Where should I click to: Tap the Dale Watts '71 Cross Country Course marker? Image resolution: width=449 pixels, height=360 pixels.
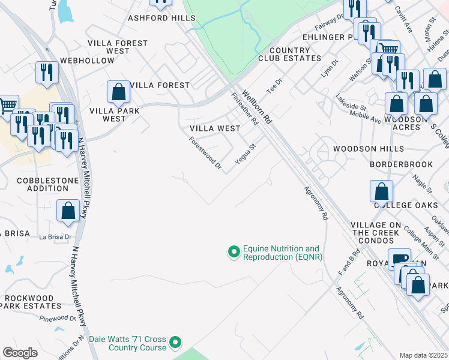coord(175,343)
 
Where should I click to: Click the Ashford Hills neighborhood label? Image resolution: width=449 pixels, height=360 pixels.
coord(157,18)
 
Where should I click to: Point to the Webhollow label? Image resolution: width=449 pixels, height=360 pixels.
coord(87,61)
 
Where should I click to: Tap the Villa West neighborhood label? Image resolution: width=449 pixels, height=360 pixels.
coord(215,128)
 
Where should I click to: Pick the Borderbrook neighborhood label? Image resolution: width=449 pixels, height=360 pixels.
coord(401,164)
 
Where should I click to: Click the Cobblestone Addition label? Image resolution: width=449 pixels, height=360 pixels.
coord(43,184)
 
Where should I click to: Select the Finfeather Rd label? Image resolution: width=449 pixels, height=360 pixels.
coord(244,109)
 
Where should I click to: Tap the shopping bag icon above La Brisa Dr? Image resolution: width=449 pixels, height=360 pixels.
coord(68,211)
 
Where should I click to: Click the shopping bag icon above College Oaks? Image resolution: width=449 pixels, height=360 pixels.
coord(382,192)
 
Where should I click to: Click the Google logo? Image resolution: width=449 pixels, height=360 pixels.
coord(20,353)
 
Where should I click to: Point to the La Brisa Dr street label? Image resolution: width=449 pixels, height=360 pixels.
coord(55,237)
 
